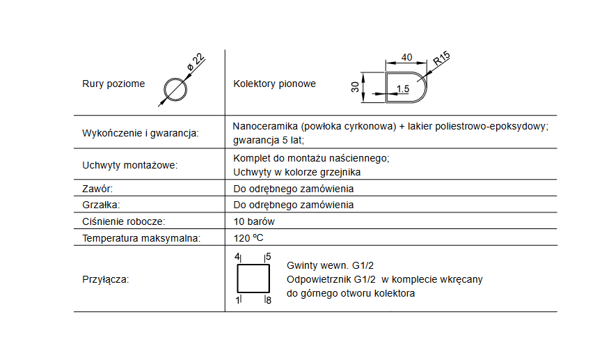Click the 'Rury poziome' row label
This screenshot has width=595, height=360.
point(113,84)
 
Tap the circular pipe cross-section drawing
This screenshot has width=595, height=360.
point(176,89)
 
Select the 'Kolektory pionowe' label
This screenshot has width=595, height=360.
point(274,84)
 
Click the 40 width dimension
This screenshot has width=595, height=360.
point(407,57)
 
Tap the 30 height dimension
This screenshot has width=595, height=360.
point(355,86)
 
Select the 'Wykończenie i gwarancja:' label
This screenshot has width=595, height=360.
point(140,132)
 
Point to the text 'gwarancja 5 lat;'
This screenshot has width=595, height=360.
point(269,139)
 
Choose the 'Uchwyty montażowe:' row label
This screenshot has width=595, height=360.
point(129,166)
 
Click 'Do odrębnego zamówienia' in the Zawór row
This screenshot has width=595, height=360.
point(293,189)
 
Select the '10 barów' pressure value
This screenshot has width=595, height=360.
point(254,221)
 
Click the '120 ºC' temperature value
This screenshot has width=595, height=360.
point(248,238)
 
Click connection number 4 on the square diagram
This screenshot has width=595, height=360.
point(237,257)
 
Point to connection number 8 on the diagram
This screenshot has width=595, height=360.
point(268,300)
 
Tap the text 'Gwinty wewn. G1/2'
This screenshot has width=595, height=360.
point(331,265)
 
